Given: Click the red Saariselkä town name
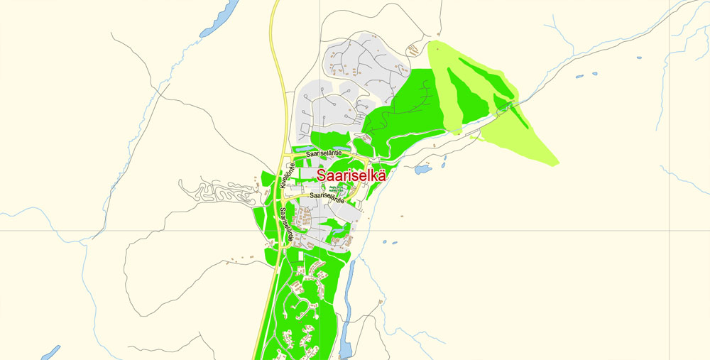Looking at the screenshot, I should point(351,175).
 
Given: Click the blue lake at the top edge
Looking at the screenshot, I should point(221,18).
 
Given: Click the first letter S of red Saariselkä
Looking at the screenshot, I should point(322,175).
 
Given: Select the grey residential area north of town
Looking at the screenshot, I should point(341,85).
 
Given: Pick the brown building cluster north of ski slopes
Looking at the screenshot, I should point(411,49).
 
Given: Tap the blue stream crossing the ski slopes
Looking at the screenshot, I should point(490,116).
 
